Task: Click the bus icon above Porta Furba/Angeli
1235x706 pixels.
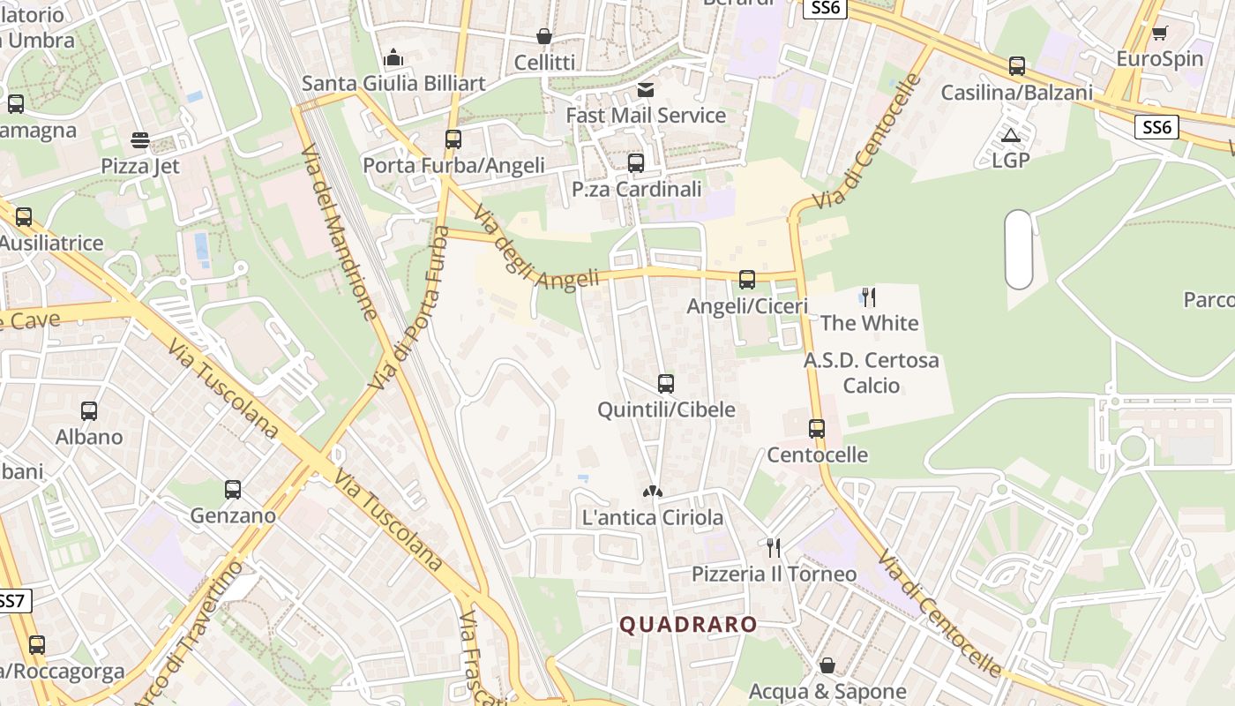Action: [x=453, y=139]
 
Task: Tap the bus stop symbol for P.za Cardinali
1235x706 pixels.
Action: [x=636, y=163]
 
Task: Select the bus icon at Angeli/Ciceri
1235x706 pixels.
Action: [x=747, y=280]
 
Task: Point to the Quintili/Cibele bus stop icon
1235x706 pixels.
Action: [x=666, y=384]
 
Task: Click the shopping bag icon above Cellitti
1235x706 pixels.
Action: [x=544, y=36]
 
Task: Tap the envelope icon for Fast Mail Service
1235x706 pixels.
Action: [x=646, y=89]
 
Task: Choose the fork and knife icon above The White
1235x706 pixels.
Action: [x=869, y=297]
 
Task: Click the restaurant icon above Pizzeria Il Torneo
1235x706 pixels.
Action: [x=774, y=548]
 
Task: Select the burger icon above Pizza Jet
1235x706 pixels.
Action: [x=139, y=140]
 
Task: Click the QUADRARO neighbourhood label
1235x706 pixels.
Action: [x=688, y=625]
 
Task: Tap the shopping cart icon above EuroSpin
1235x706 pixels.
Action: [x=1159, y=34]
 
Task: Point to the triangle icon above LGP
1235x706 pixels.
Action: [x=1011, y=135]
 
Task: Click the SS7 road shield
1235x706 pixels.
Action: [x=12, y=602]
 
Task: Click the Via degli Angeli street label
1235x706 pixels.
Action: [x=536, y=251]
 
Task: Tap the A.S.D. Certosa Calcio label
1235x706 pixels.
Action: [x=871, y=372]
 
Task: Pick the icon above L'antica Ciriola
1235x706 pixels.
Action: [x=653, y=492]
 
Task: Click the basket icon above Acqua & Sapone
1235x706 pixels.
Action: [x=827, y=665]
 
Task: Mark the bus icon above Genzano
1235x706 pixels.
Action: [x=233, y=489]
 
